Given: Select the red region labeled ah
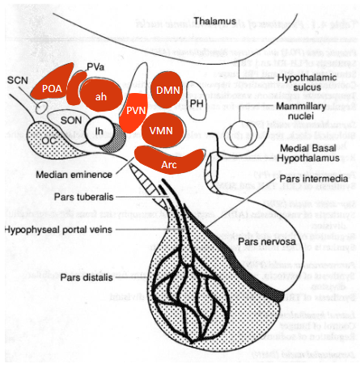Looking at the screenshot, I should coord(101,95).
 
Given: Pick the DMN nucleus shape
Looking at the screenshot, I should coord(167,92).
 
